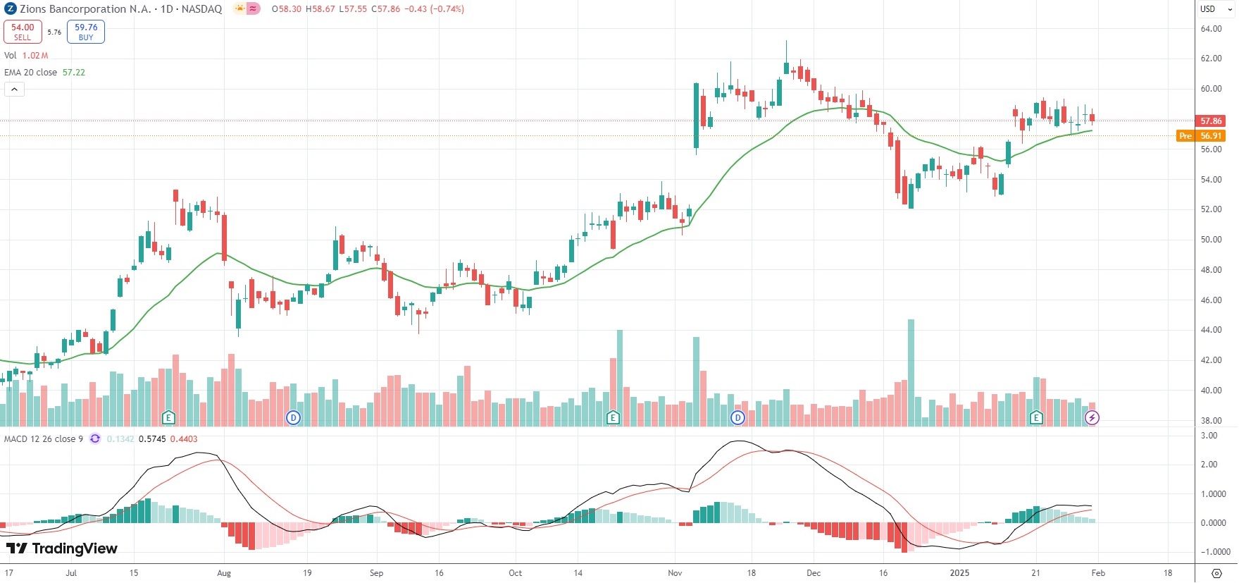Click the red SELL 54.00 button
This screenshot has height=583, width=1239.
tap(23, 32)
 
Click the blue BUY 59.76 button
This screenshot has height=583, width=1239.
tap(86, 32)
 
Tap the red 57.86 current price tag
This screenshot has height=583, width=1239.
tap(1210, 121)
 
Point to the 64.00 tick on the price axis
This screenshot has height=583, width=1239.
tap(1211, 29)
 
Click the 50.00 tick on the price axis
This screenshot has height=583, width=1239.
tap(1211, 240)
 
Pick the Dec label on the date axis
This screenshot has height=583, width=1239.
tap(814, 573)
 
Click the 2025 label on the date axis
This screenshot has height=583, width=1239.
tap(959, 573)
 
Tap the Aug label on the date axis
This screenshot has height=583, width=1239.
tap(224, 573)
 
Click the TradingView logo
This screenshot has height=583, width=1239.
tap(62, 548)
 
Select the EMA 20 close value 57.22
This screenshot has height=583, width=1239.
tap(74, 73)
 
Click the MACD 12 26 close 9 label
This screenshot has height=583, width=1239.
tap(44, 439)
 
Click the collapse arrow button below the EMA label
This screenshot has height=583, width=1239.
tap(14, 90)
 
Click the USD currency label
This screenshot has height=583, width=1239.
tap(1208, 9)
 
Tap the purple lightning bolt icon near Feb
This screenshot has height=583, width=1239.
tap(1092, 418)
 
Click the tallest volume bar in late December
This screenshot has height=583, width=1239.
tap(911, 372)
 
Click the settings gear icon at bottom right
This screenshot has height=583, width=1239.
tap(1216, 573)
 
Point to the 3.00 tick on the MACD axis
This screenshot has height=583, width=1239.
tap(1209, 436)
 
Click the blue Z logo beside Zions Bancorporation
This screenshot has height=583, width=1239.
tap(11, 9)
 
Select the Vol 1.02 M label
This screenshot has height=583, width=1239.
tap(26, 56)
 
